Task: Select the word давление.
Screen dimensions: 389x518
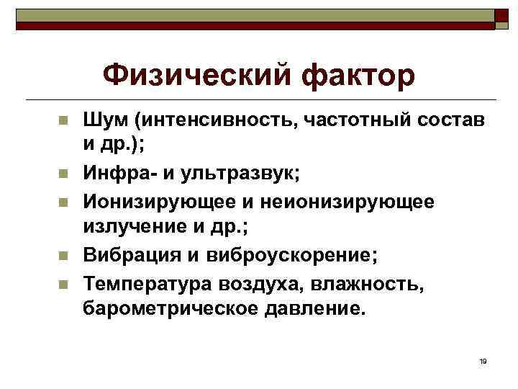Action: point(317,310)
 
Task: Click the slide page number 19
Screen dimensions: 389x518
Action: point(482,360)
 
